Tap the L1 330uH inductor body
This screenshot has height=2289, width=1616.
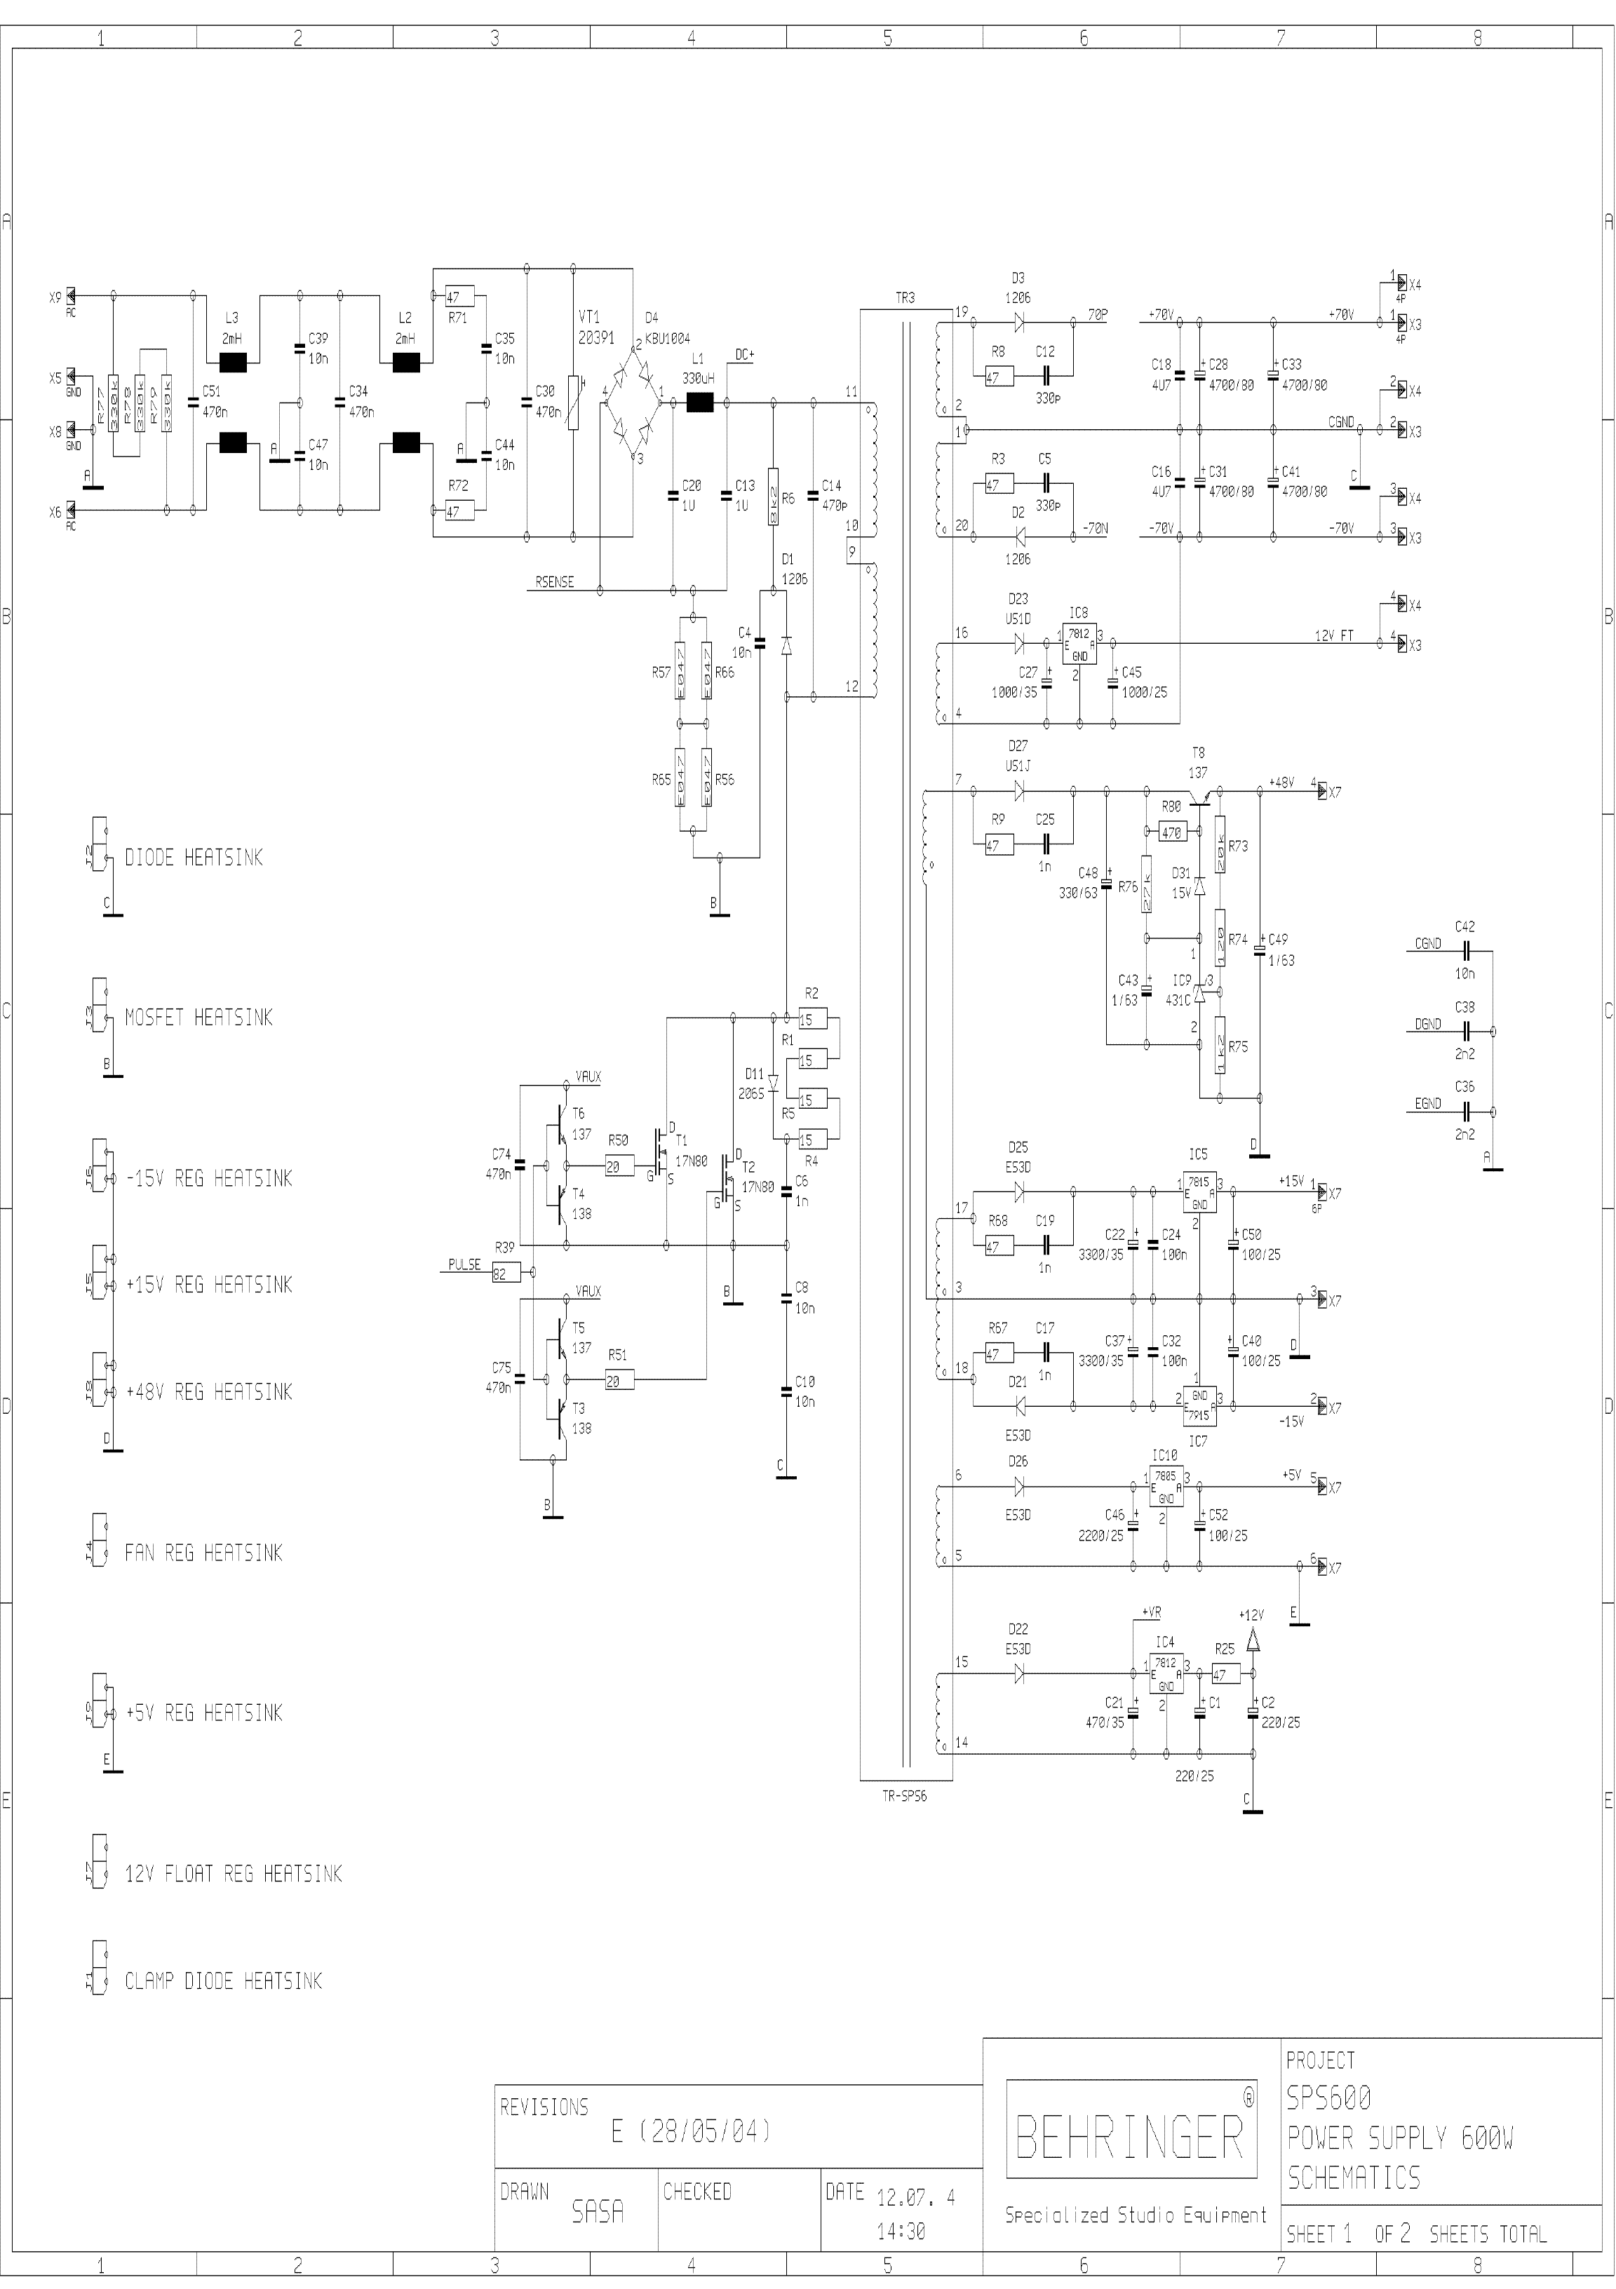point(701,403)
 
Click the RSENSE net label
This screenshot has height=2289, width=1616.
point(554,582)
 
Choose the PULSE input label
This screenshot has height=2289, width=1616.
point(464,1264)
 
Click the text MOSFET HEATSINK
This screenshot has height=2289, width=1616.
point(198,1018)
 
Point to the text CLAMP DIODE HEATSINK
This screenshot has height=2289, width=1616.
point(223,1981)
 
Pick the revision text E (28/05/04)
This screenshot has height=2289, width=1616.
point(691,2131)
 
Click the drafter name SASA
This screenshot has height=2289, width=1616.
point(597,2211)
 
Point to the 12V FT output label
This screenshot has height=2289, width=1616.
point(1333,635)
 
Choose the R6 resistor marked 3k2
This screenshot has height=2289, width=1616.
point(773,497)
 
